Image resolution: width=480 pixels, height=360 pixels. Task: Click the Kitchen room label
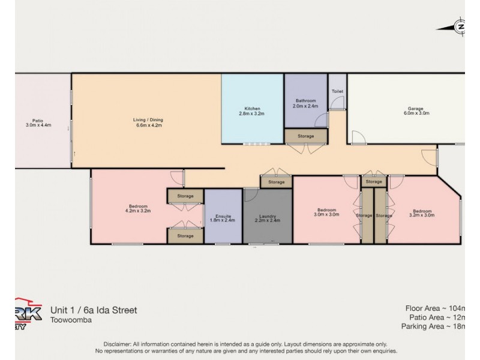(x=252, y=110)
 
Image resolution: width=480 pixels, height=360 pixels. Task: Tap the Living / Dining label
(x=148, y=123)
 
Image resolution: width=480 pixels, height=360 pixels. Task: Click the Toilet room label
(x=337, y=92)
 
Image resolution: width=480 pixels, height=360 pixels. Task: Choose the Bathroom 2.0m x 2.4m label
(x=306, y=103)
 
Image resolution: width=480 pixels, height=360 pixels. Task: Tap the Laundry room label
(x=268, y=218)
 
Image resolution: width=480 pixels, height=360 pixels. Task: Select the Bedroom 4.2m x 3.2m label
(x=137, y=208)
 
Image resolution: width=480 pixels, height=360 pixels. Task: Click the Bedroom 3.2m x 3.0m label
(x=422, y=213)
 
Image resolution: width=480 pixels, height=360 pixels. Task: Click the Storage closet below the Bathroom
(x=306, y=137)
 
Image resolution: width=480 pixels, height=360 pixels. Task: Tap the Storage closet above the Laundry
(x=276, y=182)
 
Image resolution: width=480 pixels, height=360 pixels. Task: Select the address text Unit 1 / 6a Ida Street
(x=94, y=310)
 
